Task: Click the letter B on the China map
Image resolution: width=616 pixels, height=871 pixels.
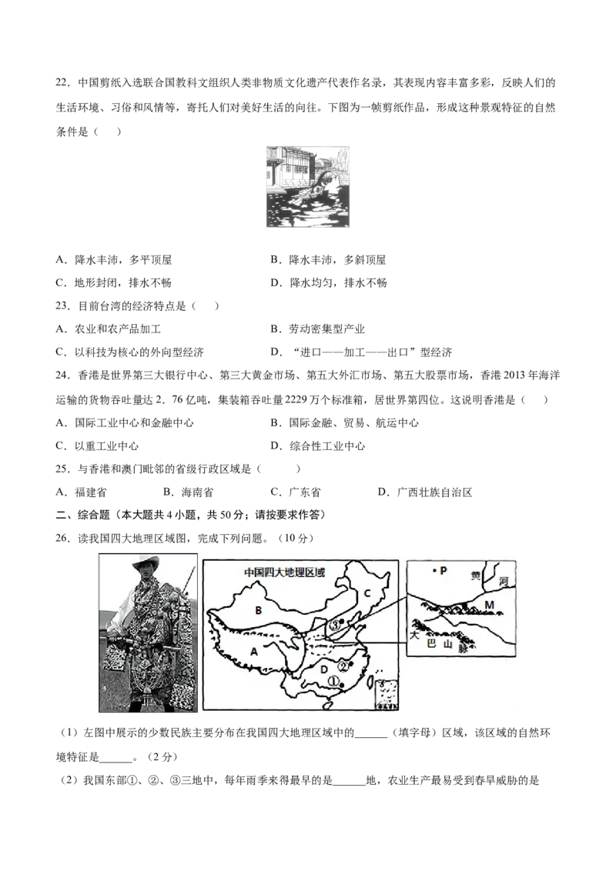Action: [258, 610]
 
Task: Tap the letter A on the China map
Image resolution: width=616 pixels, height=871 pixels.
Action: [254, 652]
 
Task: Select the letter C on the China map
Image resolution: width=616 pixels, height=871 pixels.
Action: [367, 593]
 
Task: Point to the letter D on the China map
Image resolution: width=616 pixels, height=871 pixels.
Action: [324, 669]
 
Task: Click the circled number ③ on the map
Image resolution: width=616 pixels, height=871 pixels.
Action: [333, 625]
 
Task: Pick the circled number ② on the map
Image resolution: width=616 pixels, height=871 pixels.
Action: [343, 666]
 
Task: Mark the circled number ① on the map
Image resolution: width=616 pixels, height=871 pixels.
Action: [333, 680]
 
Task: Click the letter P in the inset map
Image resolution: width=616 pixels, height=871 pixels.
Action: [443, 570]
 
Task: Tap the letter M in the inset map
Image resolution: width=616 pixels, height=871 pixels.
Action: [489, 604]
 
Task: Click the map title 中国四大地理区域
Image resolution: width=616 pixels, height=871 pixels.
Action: [284, 572]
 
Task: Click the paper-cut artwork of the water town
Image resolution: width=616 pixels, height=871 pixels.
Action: [308, 187]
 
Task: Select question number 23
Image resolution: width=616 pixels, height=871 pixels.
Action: [62, 306]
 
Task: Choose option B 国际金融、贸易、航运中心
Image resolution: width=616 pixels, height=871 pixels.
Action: [345, 422]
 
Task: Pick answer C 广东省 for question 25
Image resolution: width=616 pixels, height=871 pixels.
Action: [295, 492]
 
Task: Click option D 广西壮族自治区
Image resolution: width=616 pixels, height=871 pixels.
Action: [425, 492]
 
